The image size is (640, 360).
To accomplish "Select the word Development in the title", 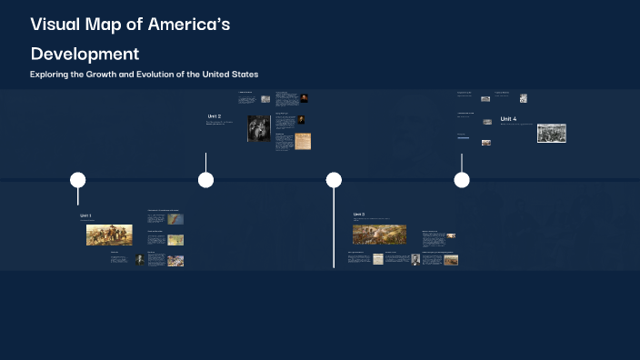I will [85, 54].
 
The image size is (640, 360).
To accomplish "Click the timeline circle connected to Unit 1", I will [77, 180].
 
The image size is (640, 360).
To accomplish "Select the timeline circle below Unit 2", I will [205, 180].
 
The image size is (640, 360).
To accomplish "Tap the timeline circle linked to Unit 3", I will [334, 180].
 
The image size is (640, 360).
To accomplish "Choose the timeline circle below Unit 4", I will [462, 180].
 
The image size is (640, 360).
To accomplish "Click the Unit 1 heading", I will [85, 216].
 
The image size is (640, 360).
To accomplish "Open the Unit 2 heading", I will [215, 116].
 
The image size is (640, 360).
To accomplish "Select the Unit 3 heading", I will [359, 215].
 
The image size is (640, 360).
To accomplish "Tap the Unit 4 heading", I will [508, 119].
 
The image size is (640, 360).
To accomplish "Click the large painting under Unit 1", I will [109, 235].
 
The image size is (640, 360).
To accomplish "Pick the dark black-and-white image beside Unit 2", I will [259, 128].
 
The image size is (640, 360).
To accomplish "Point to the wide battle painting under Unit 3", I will [379, 234].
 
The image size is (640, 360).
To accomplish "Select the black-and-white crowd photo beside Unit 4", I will [552, 133].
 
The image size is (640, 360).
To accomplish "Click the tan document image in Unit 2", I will [303, 141].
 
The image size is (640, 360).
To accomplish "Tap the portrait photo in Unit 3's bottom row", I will [415, 260].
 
